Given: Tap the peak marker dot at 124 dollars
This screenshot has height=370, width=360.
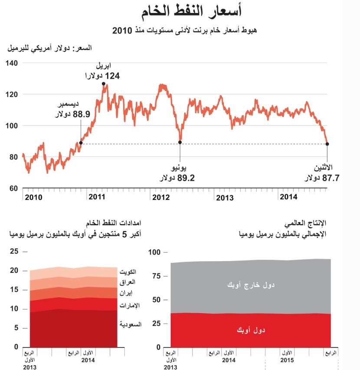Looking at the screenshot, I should (104, 84).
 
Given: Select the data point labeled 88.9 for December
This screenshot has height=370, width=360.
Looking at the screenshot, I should (81, 143).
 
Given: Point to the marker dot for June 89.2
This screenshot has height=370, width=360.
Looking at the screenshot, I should (180, 142).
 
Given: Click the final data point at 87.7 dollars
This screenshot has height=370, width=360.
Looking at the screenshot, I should (327, 144).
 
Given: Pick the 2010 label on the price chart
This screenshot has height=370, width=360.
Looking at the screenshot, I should (34, 197).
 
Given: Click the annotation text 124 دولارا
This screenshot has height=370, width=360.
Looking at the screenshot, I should (102, 76).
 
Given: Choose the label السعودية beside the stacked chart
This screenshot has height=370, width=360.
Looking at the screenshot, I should (129, 324).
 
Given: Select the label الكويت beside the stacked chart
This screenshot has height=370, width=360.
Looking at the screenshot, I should (129, 272).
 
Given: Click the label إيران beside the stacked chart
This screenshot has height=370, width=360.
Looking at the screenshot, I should (132, 294).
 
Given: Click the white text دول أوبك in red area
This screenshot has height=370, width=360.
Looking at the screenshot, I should (251, 330).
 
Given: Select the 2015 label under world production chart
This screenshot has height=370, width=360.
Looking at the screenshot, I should (287, 360).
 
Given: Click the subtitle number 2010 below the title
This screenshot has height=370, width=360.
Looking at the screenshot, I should (122, 30).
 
